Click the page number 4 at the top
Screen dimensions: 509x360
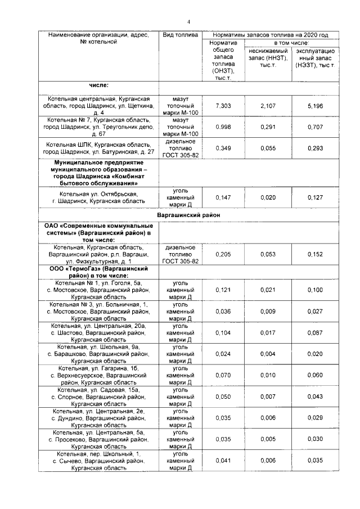188,22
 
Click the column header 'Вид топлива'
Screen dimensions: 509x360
180,35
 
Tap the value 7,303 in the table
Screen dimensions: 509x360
223,106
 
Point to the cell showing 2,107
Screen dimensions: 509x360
268,106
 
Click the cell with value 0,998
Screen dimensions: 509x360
223,127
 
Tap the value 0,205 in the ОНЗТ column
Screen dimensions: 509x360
223,254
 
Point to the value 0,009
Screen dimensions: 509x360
268,311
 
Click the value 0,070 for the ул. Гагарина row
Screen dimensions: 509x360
223,375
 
